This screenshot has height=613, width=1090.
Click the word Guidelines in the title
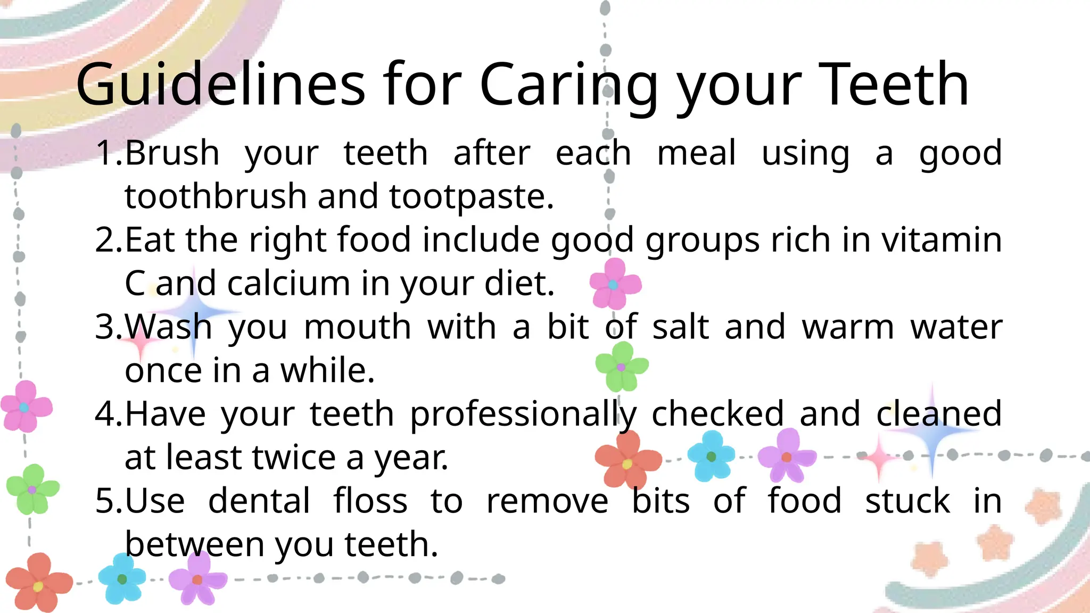(220, 84)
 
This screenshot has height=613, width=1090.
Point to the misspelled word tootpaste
(472, 197)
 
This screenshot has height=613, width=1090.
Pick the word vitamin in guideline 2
(942, 239)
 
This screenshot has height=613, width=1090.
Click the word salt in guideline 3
(681, 326)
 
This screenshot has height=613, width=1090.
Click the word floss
(370, 501)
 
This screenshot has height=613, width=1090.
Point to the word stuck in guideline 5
(907, 501)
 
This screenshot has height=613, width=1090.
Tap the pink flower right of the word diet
(615, 284)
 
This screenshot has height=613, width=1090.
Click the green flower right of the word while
(621, 367)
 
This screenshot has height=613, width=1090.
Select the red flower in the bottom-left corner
(38, 583)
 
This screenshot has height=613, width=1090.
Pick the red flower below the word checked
(628, 461)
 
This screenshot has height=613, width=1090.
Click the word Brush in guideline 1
(172, 153)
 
